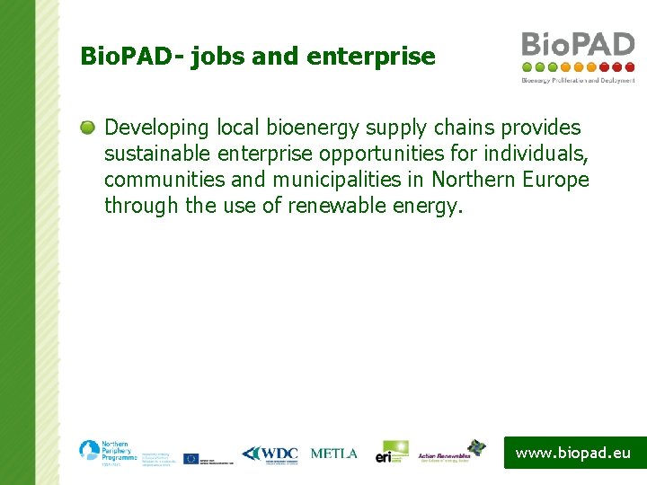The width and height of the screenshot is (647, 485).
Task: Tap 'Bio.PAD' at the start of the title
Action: point(125,57)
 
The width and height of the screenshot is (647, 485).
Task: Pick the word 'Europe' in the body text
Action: point(554,180)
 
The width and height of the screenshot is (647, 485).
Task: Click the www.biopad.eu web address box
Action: point(573,453)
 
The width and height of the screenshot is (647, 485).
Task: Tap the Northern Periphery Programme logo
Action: point(104,451)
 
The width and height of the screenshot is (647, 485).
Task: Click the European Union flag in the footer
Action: point(191,458)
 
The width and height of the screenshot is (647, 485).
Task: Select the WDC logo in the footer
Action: point(270,454)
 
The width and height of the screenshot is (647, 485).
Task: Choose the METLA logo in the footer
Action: point(333,454)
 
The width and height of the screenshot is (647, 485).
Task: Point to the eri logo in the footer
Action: point(391,452)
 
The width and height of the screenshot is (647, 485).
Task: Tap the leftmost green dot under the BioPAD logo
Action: point(527,66)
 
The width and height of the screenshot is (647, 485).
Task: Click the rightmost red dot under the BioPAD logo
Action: point(630,66)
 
